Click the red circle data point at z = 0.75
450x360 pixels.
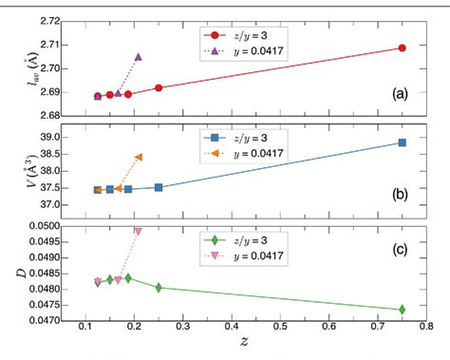[403, 47]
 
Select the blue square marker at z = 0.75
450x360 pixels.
[403, 142]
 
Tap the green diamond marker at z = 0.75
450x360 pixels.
[403, 309]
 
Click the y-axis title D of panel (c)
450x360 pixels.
[11, 274]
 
